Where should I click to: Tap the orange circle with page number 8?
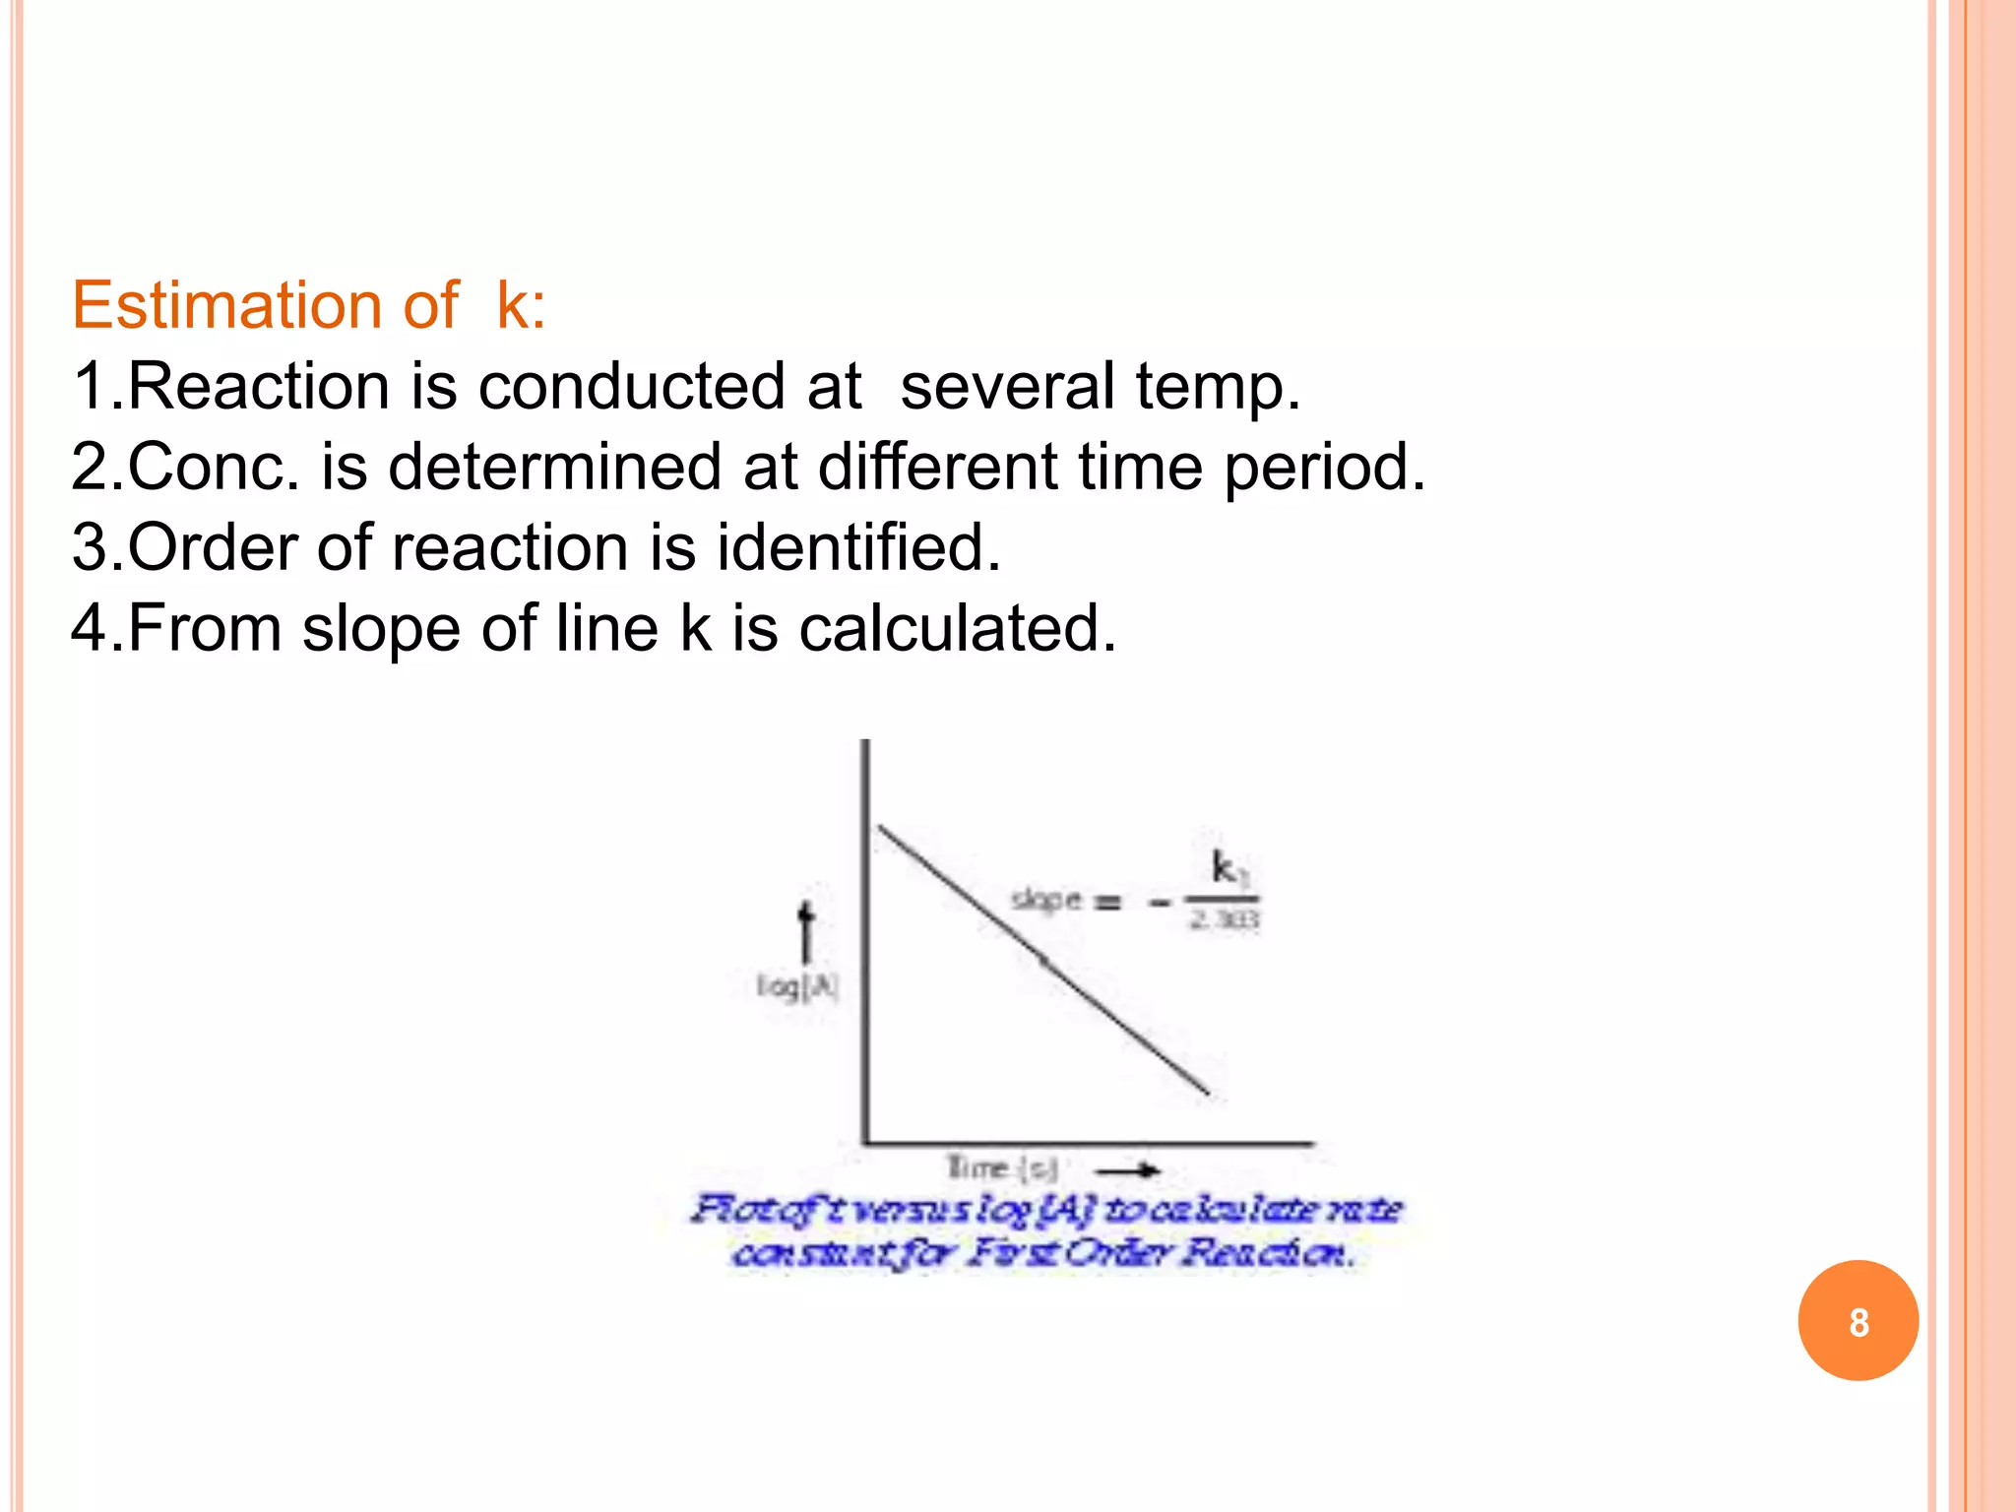1858,1321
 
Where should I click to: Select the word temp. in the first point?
1218,386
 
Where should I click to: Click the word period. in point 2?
1324,467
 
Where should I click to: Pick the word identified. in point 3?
857,547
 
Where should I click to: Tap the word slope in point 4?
381,628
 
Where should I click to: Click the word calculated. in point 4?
957,628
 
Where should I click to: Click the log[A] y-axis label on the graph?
797,986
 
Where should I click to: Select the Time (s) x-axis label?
1001,1168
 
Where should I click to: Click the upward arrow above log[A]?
806,930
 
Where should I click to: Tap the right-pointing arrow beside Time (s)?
1129,1170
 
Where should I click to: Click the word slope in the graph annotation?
1046,900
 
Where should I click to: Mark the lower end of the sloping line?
1208,1093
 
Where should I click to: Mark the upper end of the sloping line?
880,828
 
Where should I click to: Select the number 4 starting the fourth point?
89,628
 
